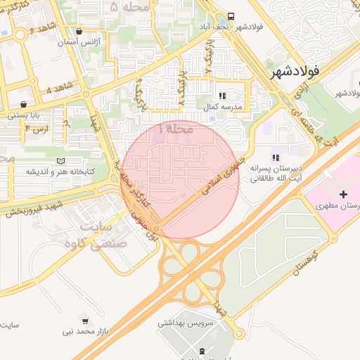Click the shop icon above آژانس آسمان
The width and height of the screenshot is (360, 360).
tap(79, 31)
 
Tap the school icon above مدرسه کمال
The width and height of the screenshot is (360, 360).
tap(222, 95)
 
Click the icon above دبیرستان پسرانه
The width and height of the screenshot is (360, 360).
tap(276, 158)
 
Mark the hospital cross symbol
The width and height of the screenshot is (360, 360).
tap(343, 194)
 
